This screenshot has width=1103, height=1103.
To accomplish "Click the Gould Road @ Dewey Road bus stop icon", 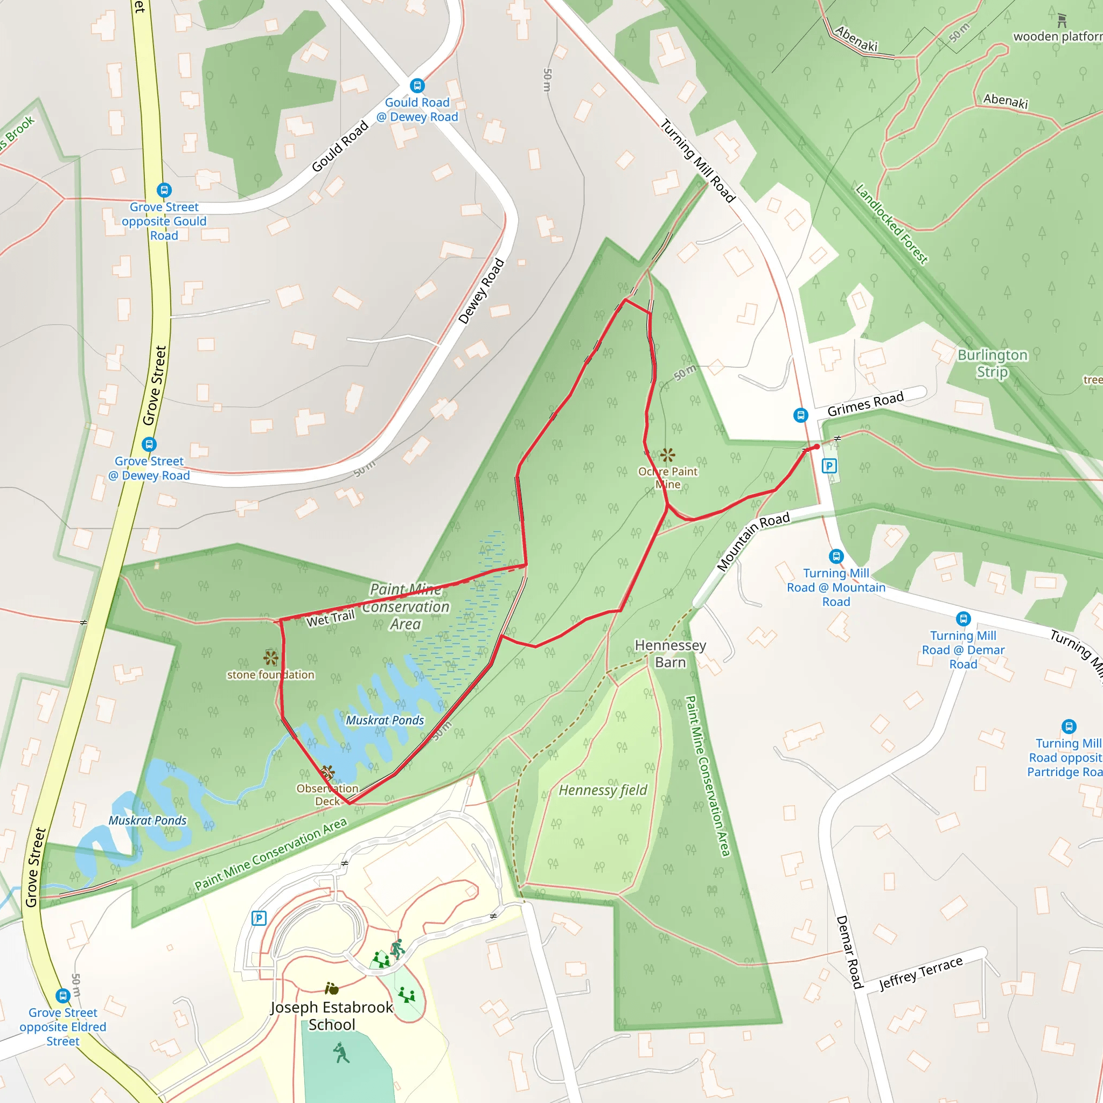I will click(x=417, y=86).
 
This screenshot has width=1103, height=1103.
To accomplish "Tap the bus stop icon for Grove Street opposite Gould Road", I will click(x=164, y=190).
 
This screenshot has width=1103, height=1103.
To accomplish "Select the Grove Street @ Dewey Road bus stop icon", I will click(x=149, y=444).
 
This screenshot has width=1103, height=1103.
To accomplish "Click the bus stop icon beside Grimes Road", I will click(x=800, y=415).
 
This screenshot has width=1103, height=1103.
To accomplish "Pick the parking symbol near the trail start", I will click(x=829, y=466).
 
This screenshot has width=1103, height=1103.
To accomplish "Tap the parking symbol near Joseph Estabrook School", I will click(x=259, y=918).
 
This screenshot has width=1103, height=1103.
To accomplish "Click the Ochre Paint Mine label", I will click(x=667, y=478).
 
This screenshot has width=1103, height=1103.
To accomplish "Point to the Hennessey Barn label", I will click(x=670, y=654).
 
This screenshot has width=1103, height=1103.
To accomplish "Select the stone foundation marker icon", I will click(x=270, y=658).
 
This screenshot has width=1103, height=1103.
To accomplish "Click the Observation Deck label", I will click(x=327, y=795).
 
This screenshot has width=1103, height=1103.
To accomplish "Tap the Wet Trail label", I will click(x=331, y=618).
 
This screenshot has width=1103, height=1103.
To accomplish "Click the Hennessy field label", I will click(x=603, y=790).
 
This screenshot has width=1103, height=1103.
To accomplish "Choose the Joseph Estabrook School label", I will click(x=332, y=1016).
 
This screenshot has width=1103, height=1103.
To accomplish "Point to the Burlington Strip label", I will click(x=992, y=363).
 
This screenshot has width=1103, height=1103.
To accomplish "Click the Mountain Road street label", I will click(x=753, y=541).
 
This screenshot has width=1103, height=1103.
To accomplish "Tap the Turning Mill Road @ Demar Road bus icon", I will click(x=963, y=618).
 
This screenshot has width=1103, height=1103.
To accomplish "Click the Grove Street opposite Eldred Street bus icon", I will click(x=63, y=996).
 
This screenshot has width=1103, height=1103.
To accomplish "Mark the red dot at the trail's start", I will click(x=817, y=447).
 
